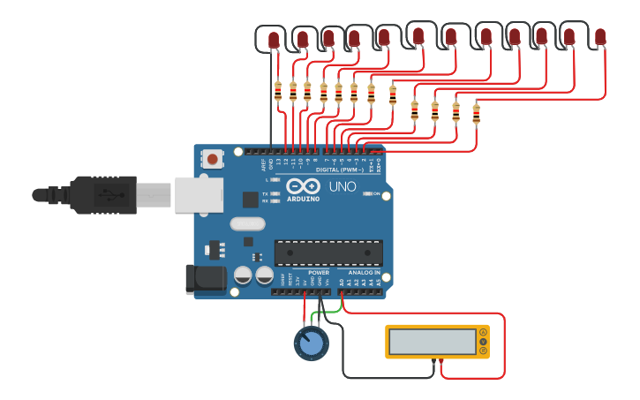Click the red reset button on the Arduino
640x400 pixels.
pyautogui.click(x=213, y=159)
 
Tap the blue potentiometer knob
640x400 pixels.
pyautogui.click(x=311, y=343)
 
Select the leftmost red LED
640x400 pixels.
pyautogui.click(x=273, y=40)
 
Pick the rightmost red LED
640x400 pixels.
pyautogui.click(x=600, y=36)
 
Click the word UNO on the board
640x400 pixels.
pyautogui.click(x=343, y=187)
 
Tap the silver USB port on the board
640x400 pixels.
pyautogui.click(x=199, y=194)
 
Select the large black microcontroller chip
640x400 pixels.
pyautogui.click(x=328, y=253)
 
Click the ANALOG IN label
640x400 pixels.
pyautogui.click(x=365, y=273)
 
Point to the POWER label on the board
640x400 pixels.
pyautogui.click(x=319, y=273)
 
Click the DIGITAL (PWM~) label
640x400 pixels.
pyautogui.click(x=339, y=169)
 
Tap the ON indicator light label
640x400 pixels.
pyautogui.click(x=377, y=193)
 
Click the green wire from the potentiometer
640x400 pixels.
pyautogui.click(x=328, y=311)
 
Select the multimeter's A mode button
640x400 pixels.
pyautogui.click(x=483, y=333)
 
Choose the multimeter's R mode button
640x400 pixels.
pyautogui.click(x=483, y=351)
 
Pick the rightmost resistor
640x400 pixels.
pyautogui.click(x=476, y=113)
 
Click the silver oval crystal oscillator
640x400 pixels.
pyautogui.click(x=247, y=223)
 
